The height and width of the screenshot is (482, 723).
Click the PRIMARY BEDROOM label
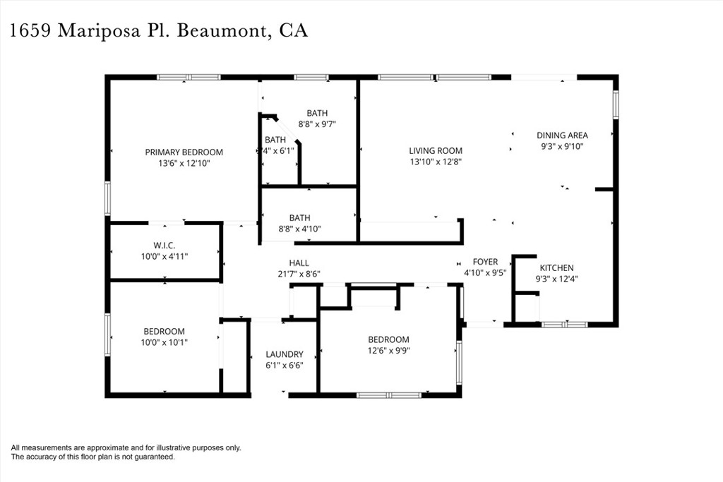coord(184,152)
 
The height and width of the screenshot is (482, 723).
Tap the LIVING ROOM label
coord(436,150)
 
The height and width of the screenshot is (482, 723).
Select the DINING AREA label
coord(562,135)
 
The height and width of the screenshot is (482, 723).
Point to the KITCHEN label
coord(556,267)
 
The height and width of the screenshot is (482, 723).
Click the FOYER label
coord(485,262)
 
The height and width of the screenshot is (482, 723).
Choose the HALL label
coord(299,263)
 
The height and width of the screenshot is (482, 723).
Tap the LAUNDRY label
coord(285,354)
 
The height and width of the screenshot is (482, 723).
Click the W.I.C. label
coord(164,245)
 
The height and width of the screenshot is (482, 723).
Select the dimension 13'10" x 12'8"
coord(436,162)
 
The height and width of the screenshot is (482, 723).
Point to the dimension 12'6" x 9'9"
coord(388,350)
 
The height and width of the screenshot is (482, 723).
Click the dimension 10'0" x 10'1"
coord(164,342)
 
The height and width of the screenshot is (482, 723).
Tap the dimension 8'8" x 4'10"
coord(299,229)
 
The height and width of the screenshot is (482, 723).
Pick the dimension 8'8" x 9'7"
coord(317,123)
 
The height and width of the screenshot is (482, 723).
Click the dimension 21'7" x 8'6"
coord(299,274)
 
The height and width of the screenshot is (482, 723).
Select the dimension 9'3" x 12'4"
coord(556,279)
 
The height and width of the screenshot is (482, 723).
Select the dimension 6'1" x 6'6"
coord(285,366)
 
